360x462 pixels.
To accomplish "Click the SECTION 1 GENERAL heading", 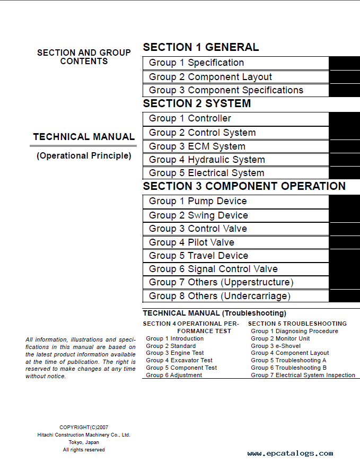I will tap(201, 47).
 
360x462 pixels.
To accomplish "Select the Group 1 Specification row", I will tap(196, 63).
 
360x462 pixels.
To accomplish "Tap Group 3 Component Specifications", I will tap(226, 91).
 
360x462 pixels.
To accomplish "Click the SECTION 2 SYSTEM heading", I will tap(197, 103).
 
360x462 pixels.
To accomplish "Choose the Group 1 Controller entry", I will tap(190, 119).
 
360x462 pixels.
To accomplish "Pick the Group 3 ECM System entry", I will tap(197, 146).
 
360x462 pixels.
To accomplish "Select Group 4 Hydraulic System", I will tap(207, 160).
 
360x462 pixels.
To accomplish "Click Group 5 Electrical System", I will tap(206, 173).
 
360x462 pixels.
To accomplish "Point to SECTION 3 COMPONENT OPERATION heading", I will tap(244, 186).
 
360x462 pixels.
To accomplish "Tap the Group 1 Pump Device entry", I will tap(198, 202).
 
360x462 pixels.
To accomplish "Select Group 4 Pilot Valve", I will tap(191, 242).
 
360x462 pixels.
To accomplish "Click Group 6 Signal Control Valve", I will tap(213, 269).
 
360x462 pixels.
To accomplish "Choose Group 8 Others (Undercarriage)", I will tap(219, 297).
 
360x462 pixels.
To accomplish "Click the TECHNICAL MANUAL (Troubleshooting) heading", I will tap(214, 313).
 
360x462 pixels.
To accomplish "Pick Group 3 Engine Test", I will tap(175, 353).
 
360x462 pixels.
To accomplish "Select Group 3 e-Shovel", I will tap(276, 346).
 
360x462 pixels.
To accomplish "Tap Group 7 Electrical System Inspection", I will tap(303, 375).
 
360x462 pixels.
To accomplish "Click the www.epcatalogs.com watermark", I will tap(290, 454).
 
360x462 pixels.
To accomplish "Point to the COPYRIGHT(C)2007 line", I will tap(84, 427).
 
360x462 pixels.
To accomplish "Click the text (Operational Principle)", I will tap(84, 156).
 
